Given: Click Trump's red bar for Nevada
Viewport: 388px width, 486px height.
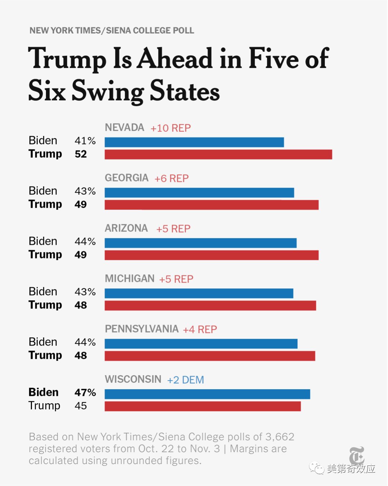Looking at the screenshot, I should pyautogui.click(x=218, y=154).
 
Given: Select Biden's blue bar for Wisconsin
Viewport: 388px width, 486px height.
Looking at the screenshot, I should pyautogui.click(x=207, y=394).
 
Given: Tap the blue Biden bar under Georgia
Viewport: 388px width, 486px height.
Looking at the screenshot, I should pyautogui.click(x=199, y=193).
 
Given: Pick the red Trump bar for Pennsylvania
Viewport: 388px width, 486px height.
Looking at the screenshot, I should pyautogui.click(x=210, y=356).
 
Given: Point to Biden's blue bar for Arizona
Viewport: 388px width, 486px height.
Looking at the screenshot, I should pyautogui.click(x=200, y=243).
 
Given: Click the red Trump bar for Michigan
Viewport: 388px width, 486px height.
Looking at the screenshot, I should pyautogui.click(x=210, y=306).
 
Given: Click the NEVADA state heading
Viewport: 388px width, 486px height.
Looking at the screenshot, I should pyautogui.click(x=124, y=127).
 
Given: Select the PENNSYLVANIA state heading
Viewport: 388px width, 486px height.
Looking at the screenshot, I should pyautogui.click(x=142, y=329).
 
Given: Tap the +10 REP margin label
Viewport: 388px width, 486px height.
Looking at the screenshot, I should pyautogui.click(x=171, y=128).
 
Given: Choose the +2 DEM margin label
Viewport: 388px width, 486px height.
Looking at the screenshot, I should pyautogui.click(x=185, y=380).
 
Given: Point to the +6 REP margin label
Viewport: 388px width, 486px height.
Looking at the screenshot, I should pyautogui.click(x=171, y=179).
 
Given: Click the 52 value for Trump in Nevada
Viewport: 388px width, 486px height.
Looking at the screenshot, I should pyautogui.click(x=81, y=154).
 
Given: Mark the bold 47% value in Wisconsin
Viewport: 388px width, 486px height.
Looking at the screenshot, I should pyautogui.click(x=85, y=392).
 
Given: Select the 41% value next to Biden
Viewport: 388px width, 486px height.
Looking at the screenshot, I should pyautogui.click(x=85, y=140).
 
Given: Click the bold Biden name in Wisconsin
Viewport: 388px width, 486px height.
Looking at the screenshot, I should pyautogui.click(x=43, y=392).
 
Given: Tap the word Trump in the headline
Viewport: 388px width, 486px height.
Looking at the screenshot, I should pyautogui.click(x=67, y=59).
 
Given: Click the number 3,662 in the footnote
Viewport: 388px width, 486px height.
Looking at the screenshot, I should pyautogui.click(x=280, y=437).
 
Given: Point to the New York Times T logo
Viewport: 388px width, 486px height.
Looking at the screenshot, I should pyautogui.click(x=357, y=455).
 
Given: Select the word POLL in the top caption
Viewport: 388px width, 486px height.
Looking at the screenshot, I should pyautogui.click(x=184, y=31).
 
